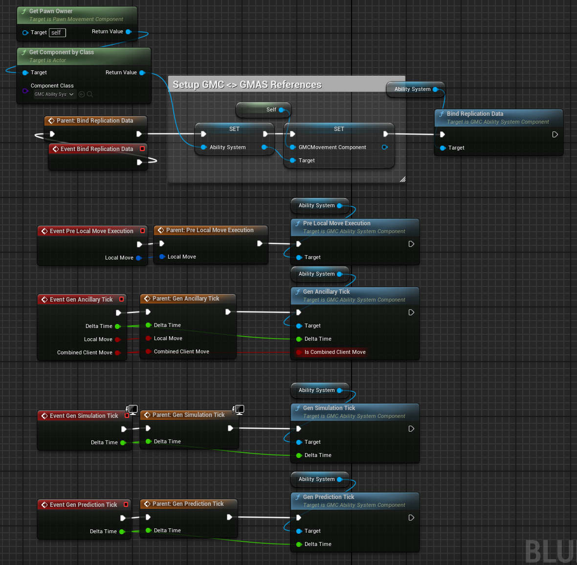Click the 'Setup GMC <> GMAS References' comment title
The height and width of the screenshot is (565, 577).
tap(247, 85)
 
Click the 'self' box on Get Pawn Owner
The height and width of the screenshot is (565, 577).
tap(57, 33)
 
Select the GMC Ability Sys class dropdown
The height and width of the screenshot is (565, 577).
tap(54, 94)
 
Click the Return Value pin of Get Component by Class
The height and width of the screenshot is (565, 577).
tap(142, 73)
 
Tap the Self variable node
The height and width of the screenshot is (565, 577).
tap(264, 110)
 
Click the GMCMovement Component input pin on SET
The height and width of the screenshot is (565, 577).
tap(293, 147)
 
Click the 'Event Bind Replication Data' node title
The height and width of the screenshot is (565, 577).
tap(96, 149)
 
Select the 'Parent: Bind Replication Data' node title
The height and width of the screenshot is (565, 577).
tap(94, 121)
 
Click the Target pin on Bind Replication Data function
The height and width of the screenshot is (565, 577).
tap(443, 148)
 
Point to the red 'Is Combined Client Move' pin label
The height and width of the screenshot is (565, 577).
tap(334, 352)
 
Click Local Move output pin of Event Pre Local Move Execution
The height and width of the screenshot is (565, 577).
tap(138, 258)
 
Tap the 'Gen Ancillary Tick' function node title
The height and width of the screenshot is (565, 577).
tap(326, 292)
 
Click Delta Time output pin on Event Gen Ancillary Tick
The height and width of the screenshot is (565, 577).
tap(117, 326)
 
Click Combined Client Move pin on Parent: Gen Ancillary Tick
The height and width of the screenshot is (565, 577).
tap(148, 351)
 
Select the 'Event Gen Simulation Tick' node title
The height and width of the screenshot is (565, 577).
tap(84, 416)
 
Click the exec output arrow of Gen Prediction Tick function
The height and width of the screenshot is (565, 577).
tap(411, 518)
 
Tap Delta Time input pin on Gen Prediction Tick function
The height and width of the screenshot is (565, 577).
tap(299, 544)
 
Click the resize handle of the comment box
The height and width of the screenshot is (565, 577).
tap(402, 179)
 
